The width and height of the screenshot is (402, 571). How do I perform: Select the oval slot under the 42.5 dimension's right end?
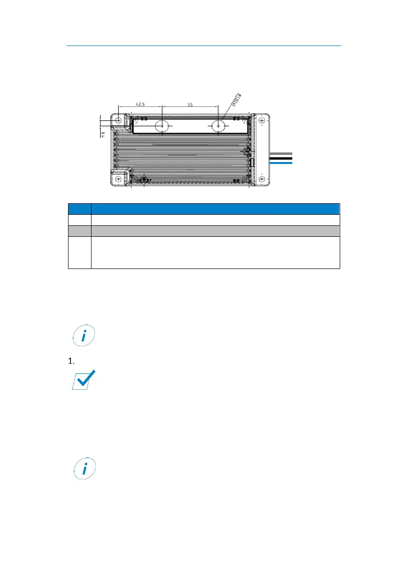point(162,126)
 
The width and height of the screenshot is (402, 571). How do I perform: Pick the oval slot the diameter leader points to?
point(218,126)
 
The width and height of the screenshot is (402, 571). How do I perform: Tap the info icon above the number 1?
point(84,337)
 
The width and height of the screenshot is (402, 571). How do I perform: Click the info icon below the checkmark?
point(84,469)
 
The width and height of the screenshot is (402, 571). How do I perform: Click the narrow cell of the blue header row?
point(80,209)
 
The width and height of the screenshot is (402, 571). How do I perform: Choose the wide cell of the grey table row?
point(215,231)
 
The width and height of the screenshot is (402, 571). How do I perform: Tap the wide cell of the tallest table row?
point(215,253)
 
